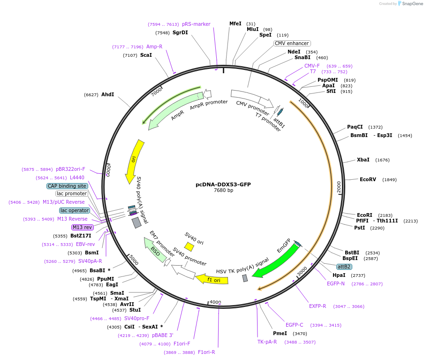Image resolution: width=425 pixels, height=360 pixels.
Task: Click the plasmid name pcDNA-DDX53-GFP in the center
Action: coord(223,184)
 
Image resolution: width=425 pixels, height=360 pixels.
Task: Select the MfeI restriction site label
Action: coord(235,23)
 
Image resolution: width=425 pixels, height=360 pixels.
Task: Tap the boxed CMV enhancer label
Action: coord(292,43)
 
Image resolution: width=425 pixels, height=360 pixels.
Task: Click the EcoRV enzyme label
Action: coord(368,179)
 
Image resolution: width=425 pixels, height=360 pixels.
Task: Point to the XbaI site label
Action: coord(363,160)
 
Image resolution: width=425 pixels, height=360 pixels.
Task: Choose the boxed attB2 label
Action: coord(344,267)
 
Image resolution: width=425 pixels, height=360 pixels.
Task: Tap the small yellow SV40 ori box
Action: coord(189,246)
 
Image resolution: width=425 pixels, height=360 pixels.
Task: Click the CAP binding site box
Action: coord(67,186)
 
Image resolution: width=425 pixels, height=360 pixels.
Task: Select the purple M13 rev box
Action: coord(82,227)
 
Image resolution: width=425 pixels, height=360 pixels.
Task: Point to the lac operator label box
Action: coord(74,210)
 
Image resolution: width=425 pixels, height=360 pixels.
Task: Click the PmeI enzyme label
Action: coord(280,333)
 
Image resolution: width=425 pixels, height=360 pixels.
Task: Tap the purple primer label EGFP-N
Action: coord(335,283)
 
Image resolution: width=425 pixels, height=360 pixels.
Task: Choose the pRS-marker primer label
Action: coord(196,24)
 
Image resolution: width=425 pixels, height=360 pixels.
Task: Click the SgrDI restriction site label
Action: coord(180,32)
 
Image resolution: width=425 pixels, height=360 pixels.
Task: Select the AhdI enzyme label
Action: coord(107,94)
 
